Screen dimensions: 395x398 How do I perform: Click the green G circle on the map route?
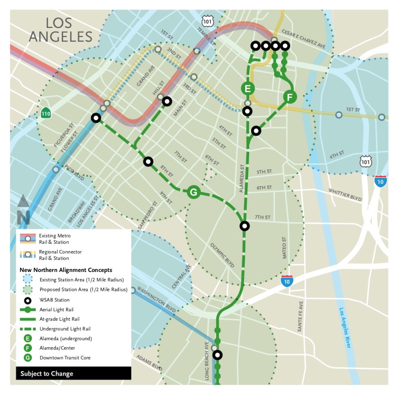pos(193,192)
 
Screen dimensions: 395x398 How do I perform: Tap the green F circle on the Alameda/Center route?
pos(290,97)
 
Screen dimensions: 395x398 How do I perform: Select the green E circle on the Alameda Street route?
pos(247,89)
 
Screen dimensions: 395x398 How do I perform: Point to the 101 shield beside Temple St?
pos(207,20)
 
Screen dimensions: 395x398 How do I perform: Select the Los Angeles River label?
pos(348,338)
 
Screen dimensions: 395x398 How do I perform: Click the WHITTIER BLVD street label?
pos(345,194)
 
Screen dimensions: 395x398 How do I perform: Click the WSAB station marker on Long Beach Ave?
pos(217,355)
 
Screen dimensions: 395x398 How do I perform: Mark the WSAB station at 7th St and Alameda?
pos(244,226)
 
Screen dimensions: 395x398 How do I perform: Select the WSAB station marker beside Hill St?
pos(167,101)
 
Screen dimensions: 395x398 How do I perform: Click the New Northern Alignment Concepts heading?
pos(66,269)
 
